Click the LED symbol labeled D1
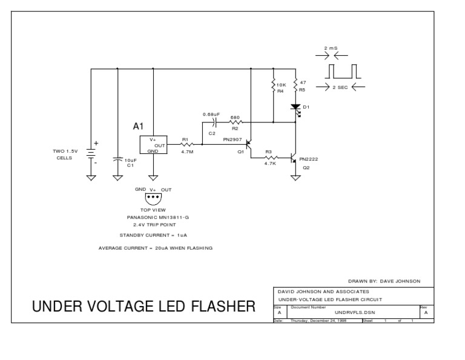(296, 108)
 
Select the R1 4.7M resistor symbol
(186, 145)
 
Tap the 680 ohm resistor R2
(236, 122)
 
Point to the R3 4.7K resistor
(269, 158)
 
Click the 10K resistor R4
(274, 86)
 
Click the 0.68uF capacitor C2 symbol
(212, 122)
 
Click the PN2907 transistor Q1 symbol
(247, 146)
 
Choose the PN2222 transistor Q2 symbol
(294, 159)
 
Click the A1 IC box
(154, 145)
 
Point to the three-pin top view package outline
(153, 197)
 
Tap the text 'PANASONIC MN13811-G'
(153, 217)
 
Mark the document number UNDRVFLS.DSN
(343, 313)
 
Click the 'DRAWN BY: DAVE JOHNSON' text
(392, 281)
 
